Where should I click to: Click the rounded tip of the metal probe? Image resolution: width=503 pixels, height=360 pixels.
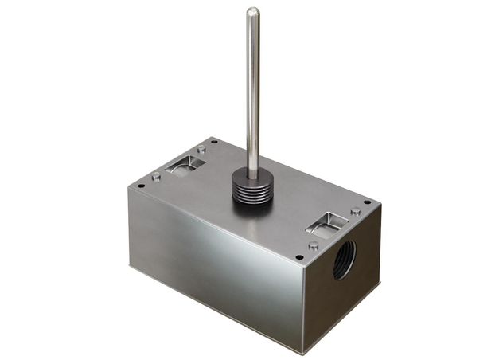point(252,12)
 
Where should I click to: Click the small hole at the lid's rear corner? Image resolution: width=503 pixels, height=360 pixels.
point(214,142)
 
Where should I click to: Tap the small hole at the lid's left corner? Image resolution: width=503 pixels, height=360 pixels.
point(141,186)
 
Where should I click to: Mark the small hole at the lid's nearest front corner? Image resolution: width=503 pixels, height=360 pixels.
point(298,257)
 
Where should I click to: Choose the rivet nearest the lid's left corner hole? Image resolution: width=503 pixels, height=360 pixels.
point(156,177)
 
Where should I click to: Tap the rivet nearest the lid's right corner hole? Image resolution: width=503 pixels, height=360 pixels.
point(354,212)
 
